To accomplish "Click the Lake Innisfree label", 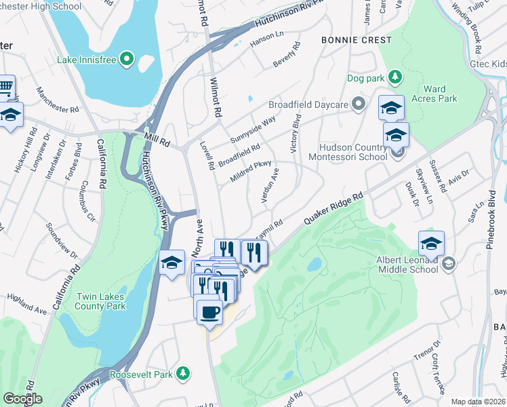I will tap(87, 60).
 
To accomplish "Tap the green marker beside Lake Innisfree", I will tap(127, 60).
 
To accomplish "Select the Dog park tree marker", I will tap(393, 78).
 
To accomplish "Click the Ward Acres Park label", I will tap(439, 94).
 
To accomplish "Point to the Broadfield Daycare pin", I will tap(359, 104).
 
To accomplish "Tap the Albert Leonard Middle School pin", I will tap(447, 263).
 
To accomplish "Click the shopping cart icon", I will tap(5, 87).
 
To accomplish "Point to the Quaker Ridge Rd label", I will tap(333, 207).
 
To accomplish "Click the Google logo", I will tap(22, 399).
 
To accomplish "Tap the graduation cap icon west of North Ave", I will tap(171, 263).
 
